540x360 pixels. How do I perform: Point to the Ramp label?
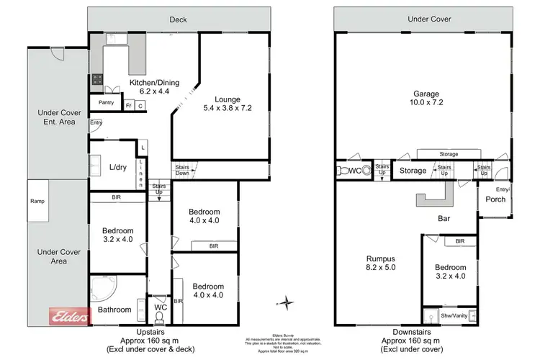coord(38,202)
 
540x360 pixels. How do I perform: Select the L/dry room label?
coord(117,168)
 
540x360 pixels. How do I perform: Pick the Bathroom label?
coord(114,310)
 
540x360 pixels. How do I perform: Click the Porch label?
coord(495,199)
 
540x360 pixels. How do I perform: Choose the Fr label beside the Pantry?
coord(128,105)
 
